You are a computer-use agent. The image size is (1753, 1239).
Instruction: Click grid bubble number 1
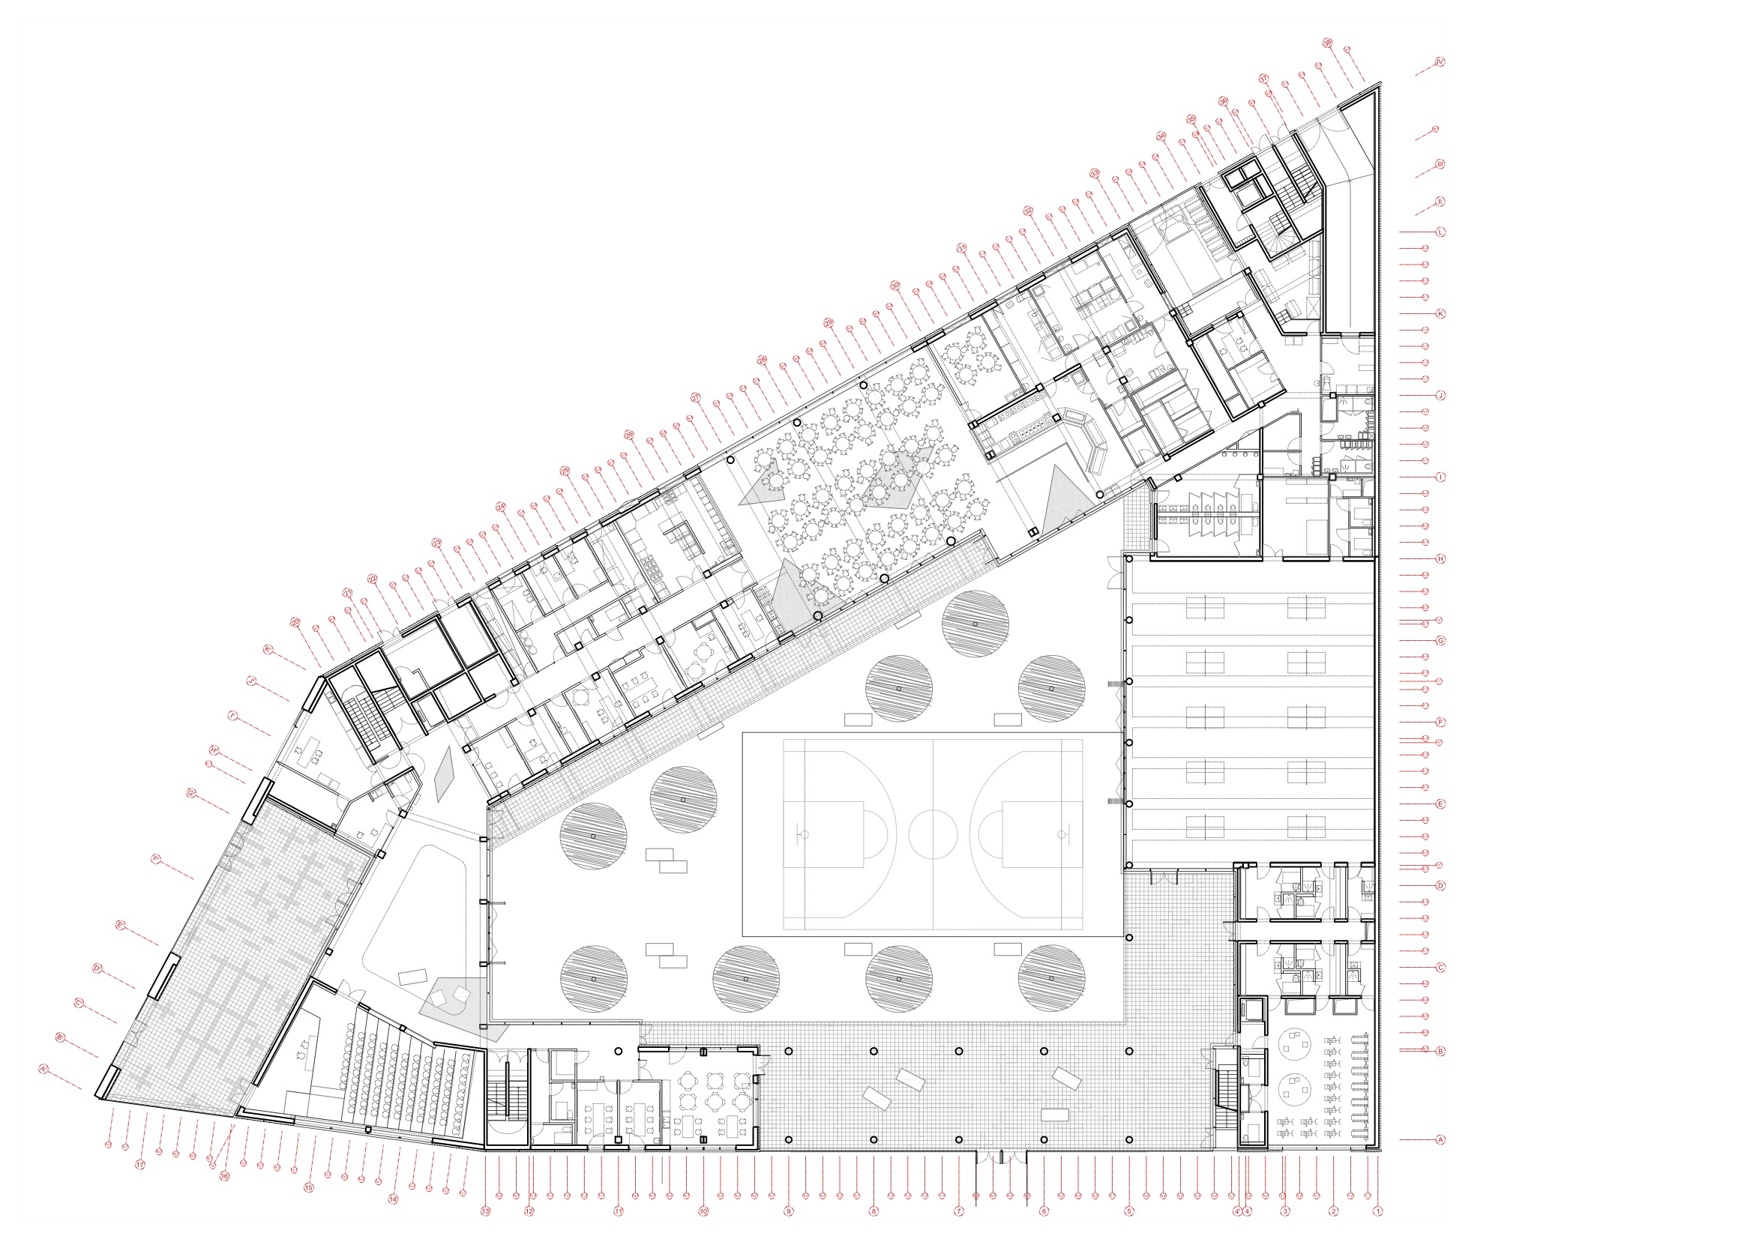coord(1377,1211)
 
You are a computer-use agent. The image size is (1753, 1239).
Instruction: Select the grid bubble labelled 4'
coord(1237,1211)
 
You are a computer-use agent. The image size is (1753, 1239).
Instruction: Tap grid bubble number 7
coord(959,1211)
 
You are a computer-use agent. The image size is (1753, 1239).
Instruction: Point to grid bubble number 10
coord(703,1211)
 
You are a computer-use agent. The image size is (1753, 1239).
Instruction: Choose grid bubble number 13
coord(486,1211)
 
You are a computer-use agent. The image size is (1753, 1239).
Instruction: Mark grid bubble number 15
coord(309,1188)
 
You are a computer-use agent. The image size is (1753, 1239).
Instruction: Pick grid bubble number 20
coord(296,622)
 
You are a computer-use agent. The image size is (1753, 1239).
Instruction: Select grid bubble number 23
coord(436,543)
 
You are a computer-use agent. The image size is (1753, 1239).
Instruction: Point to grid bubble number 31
coord(962,248)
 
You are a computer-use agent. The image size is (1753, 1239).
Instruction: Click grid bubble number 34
coord(1161,136)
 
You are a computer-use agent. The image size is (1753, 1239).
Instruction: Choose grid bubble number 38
coord(1327,43)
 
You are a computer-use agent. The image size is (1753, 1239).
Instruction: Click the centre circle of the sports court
coord(933,833)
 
